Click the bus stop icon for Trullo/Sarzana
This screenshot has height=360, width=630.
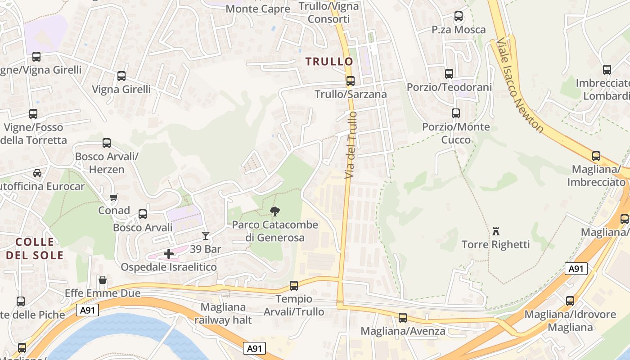[x=350, y=81]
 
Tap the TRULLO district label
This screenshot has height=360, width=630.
[x=329, y=62]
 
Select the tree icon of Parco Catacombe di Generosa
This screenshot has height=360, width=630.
[x=274, y=211]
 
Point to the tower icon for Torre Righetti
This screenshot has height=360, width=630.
[x=496, y=231]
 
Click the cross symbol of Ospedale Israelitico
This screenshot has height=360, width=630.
[x=169, y=254]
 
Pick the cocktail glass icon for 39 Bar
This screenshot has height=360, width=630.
[x=206, y=235]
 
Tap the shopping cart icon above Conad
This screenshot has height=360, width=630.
[x=114, y=197]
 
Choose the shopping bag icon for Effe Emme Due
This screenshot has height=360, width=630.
[x=103, y=280]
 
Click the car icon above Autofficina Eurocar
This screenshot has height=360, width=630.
[x=37, y=173]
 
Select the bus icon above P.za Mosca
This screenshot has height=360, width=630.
[x=459, y=17]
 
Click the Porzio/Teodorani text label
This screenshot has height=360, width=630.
[x=449, y=87]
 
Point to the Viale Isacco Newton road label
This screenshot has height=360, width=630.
[x=520, y=85]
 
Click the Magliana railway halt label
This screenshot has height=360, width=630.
[x=223, y=314]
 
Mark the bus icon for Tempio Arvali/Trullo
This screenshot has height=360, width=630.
[x=294, y=286]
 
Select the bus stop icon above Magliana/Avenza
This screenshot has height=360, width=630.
[x=403, y=318]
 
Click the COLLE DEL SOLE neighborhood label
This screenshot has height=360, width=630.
[x=35, y=248]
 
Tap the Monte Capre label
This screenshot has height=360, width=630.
[x=258, y=9]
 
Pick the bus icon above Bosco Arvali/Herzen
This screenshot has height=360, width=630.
[x=107, y=143]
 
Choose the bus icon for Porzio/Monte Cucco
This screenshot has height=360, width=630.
[x=456, y=113]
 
